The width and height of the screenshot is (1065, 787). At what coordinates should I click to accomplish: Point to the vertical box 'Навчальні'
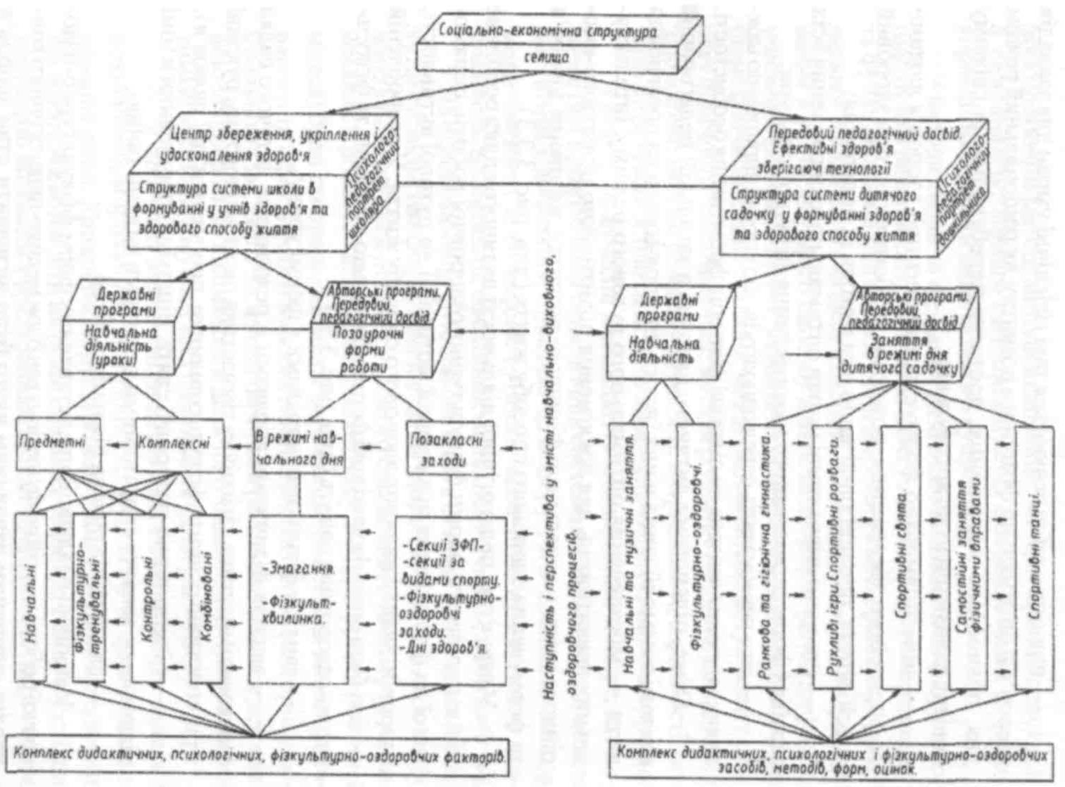coord(30,598)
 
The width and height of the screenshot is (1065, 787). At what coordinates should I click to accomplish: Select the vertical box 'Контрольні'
coord(148,598)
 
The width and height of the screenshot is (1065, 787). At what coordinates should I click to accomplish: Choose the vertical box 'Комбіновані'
coord(207,598)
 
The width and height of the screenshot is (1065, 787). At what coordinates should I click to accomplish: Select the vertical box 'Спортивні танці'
coord(1035,556)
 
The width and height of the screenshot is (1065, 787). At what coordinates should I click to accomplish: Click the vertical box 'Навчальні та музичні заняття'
coord(629,556)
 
